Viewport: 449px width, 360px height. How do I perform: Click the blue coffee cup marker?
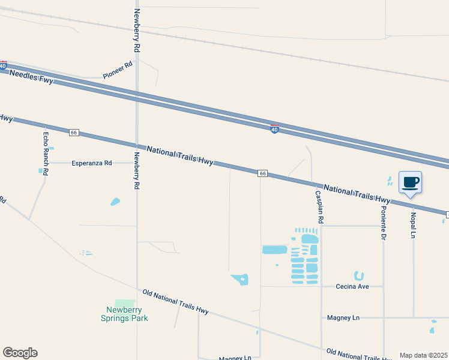pyautogui.click(x=410, y=182)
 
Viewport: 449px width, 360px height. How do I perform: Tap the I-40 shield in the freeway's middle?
pyautogui.click(x=274, y=129)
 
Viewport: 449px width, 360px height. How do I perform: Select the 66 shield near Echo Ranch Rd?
pyautogui.click(x=74, y=132)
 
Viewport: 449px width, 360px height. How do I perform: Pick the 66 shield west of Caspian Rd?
pyautogui.click(x=262, y=173)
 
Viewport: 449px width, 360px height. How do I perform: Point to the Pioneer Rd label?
pyautogui.click(x=117, y=70)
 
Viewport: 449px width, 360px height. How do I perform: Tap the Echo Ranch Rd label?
pyautogui.click(x=45, y=154)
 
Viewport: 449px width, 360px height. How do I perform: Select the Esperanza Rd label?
pyautogui.click(x=92, y=163)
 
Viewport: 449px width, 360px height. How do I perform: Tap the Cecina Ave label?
pyautogui.click(x=352, y=287)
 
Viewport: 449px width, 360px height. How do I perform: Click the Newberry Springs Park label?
pyautogui.click(x=124, y=314)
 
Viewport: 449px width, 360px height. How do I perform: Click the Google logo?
pyautogui.click(x=20, y=353)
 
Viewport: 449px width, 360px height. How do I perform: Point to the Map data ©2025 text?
pyautogui.click(x=423, y=355)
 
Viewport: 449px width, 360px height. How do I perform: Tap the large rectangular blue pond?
pyautogui.click(x=275, y=250)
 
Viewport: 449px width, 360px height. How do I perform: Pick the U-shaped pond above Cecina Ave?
pyautogui.click(x=359, y=276)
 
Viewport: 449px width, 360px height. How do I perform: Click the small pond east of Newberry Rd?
pyautogui.click(x=115, y=202)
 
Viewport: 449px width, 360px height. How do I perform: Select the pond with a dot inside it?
pyautogui.click(x=240, y=279)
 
